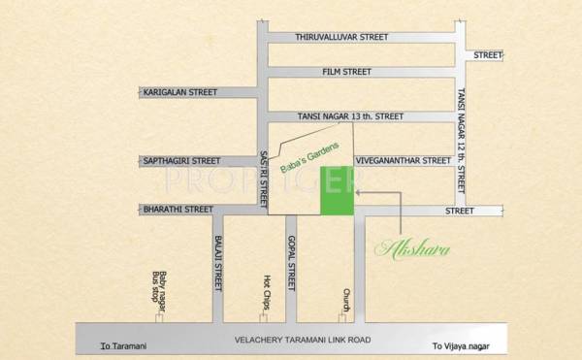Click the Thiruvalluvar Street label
(341, 37)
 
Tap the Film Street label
(347, 72)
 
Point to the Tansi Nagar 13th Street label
(351, 115)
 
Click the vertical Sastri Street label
(264, 177)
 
